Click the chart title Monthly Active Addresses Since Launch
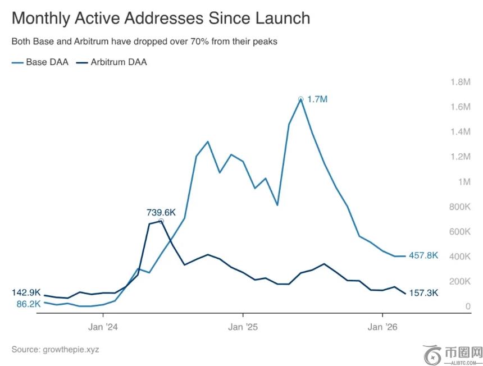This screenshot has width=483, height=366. point(161,18)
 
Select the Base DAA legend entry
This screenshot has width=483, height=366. point(40,62)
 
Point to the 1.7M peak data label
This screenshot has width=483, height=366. point(317,99)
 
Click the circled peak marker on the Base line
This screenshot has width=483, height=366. point(301,99)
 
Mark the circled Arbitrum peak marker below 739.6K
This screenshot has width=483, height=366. point(161,222)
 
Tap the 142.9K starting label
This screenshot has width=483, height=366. point(26,292)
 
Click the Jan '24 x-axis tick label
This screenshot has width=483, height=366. point(103,327)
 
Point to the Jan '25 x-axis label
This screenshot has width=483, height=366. point(243,327)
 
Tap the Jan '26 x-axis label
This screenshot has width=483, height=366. point(382,327)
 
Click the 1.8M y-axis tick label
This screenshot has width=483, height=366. point(460,82)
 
